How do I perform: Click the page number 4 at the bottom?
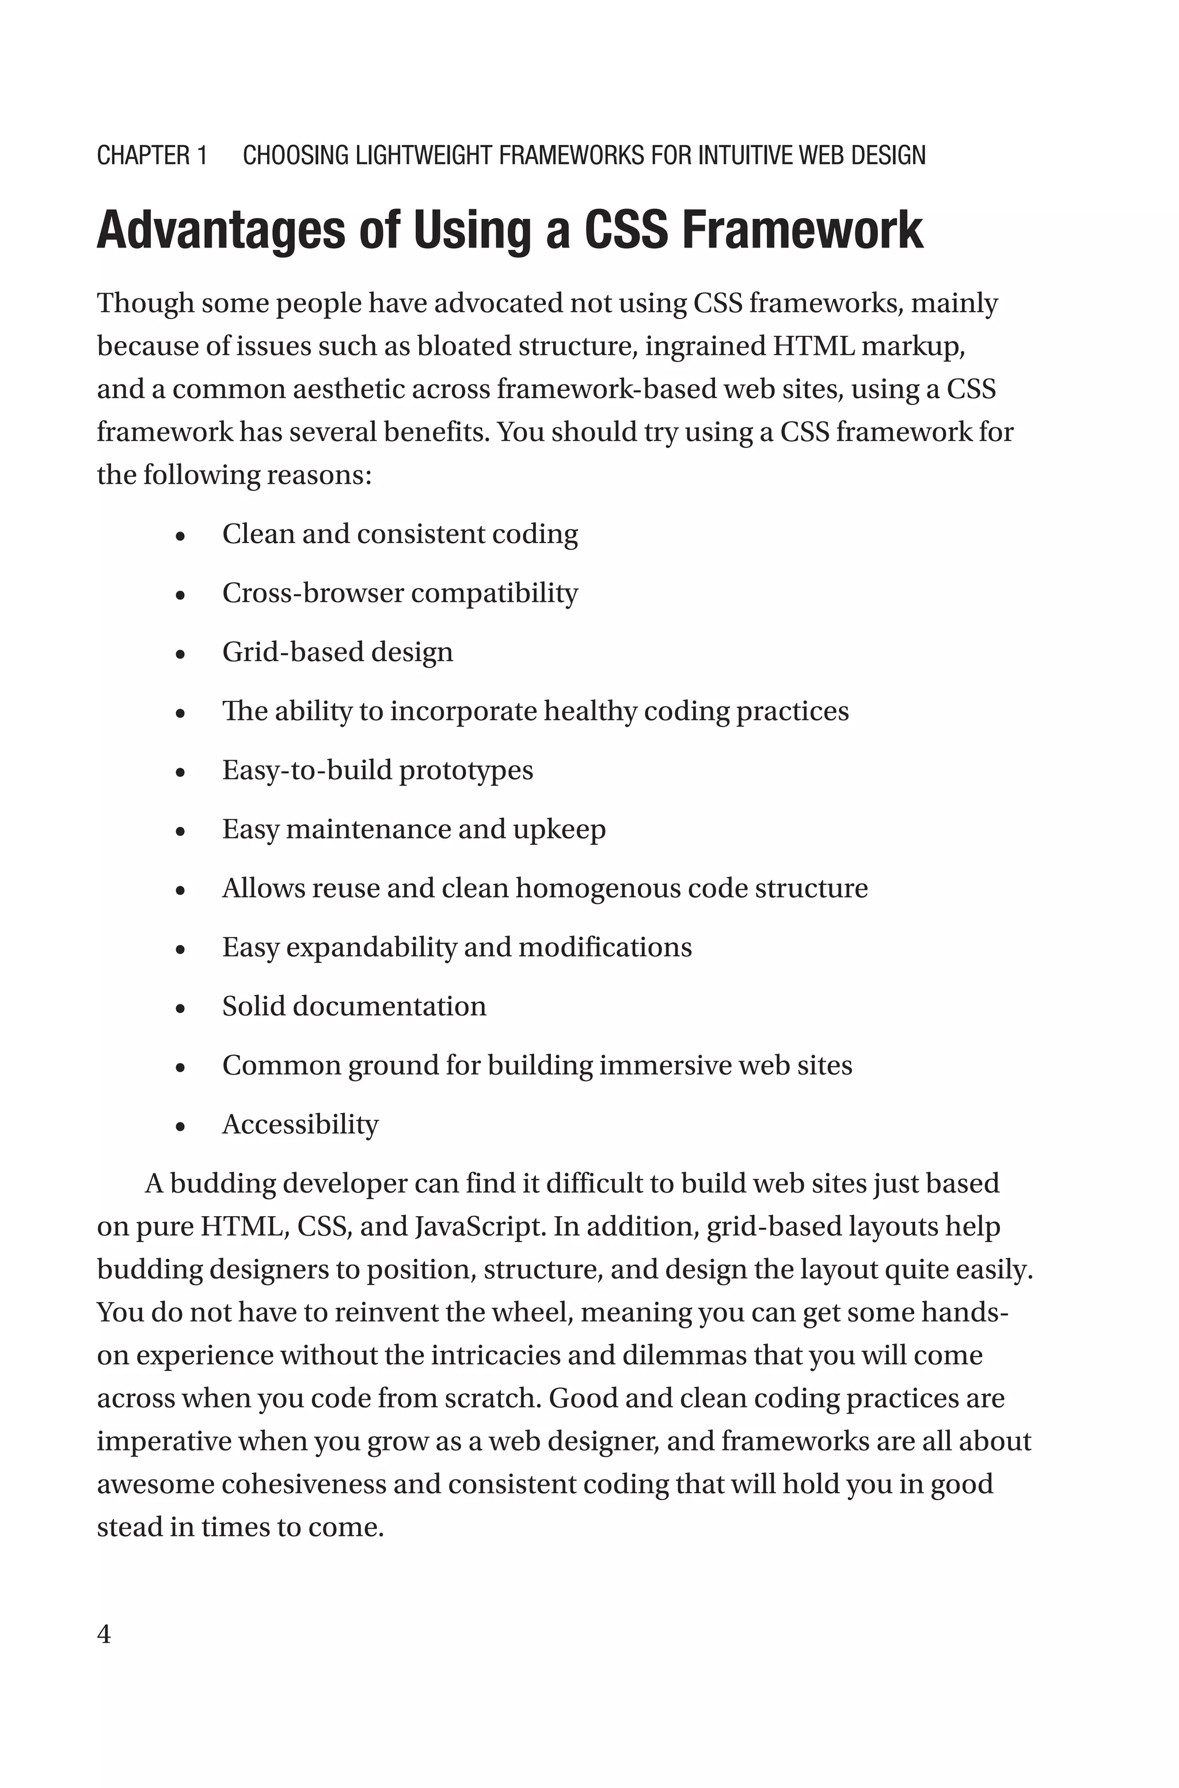pos(104,1634)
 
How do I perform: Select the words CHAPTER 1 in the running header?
pos(152,155)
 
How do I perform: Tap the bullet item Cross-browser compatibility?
pos(400,593)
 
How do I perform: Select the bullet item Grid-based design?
pos(337,652)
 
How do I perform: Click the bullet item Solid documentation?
pos(354,1007)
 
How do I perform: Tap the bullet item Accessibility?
pos(300,1125)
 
